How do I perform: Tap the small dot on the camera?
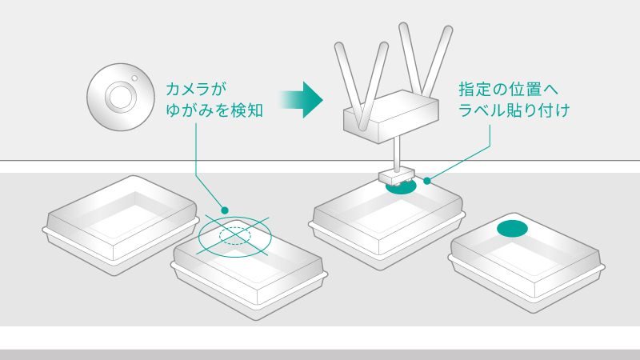coord(135,78)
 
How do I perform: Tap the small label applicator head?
coord(396,174)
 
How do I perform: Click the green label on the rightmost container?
coord(513,229)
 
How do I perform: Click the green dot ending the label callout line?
coord(428,181)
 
